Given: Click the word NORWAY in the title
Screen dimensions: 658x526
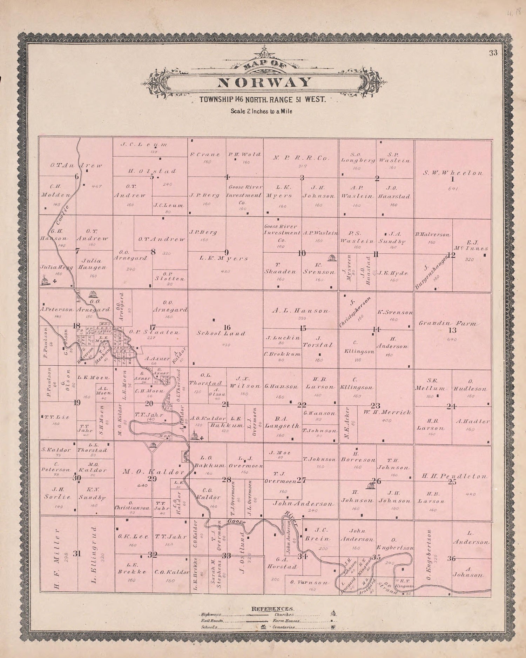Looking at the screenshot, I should pyautogui.click(x=264, y=82).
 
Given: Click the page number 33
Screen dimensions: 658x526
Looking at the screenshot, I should pyautogui.click(x=494, y=53).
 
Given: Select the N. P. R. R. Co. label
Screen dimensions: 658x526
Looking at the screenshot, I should pyautogui.click(x=302, y=158).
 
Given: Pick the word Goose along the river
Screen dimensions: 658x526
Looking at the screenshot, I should pyautogui.click(x=236, y=522).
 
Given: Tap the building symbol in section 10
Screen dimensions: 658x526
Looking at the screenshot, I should pyautogui.click(x=331, y=258).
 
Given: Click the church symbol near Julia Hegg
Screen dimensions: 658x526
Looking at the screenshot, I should pyautogui.click(x=44, y=280).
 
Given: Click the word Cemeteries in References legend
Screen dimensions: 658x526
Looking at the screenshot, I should pyautogui.click(x=284, y=627).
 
